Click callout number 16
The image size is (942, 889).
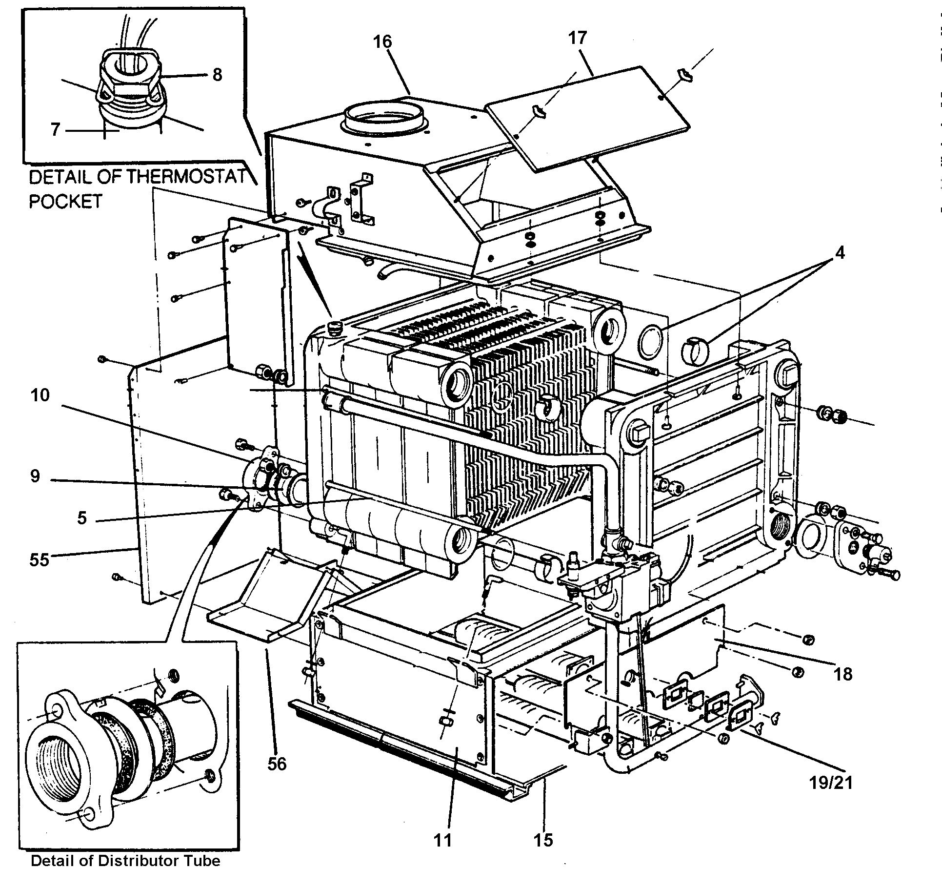coord(382,41)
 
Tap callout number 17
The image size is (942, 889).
coord(577,38)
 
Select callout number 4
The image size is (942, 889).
coord(839,253)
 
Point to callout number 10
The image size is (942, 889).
coord(40,395)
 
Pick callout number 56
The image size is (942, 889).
coord(277,763)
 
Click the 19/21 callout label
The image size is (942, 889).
coord(830,796)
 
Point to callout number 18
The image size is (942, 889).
coord(843,675)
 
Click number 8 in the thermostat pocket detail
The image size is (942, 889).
coord(217,75)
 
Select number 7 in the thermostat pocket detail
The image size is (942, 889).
coord(55,130)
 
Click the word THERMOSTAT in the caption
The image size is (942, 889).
coord(186,177)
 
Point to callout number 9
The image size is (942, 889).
coord(35,476)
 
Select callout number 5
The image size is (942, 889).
coord(81,517)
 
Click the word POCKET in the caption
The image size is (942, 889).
coord(65,201)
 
